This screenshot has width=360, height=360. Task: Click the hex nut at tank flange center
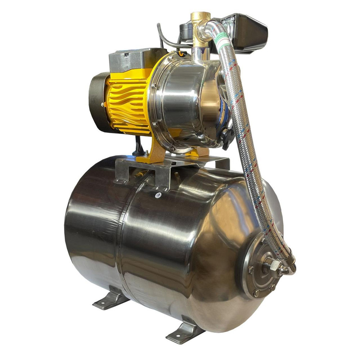[x=269, y=267]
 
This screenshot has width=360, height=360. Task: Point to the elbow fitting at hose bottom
[x=288, y=268]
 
